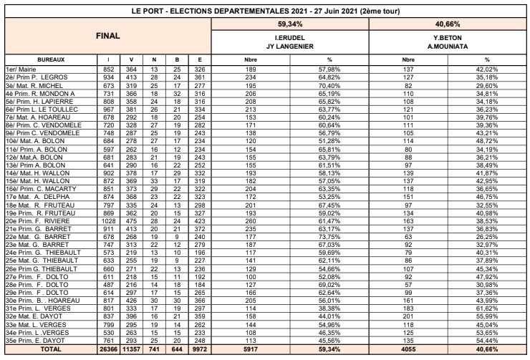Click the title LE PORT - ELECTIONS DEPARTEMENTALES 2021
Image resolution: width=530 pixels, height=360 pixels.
point(264,12)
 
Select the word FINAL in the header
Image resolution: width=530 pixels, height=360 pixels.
point(107,34)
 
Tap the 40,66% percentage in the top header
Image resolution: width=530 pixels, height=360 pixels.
point(446,24)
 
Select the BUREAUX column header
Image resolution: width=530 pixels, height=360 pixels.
point(50,59)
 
